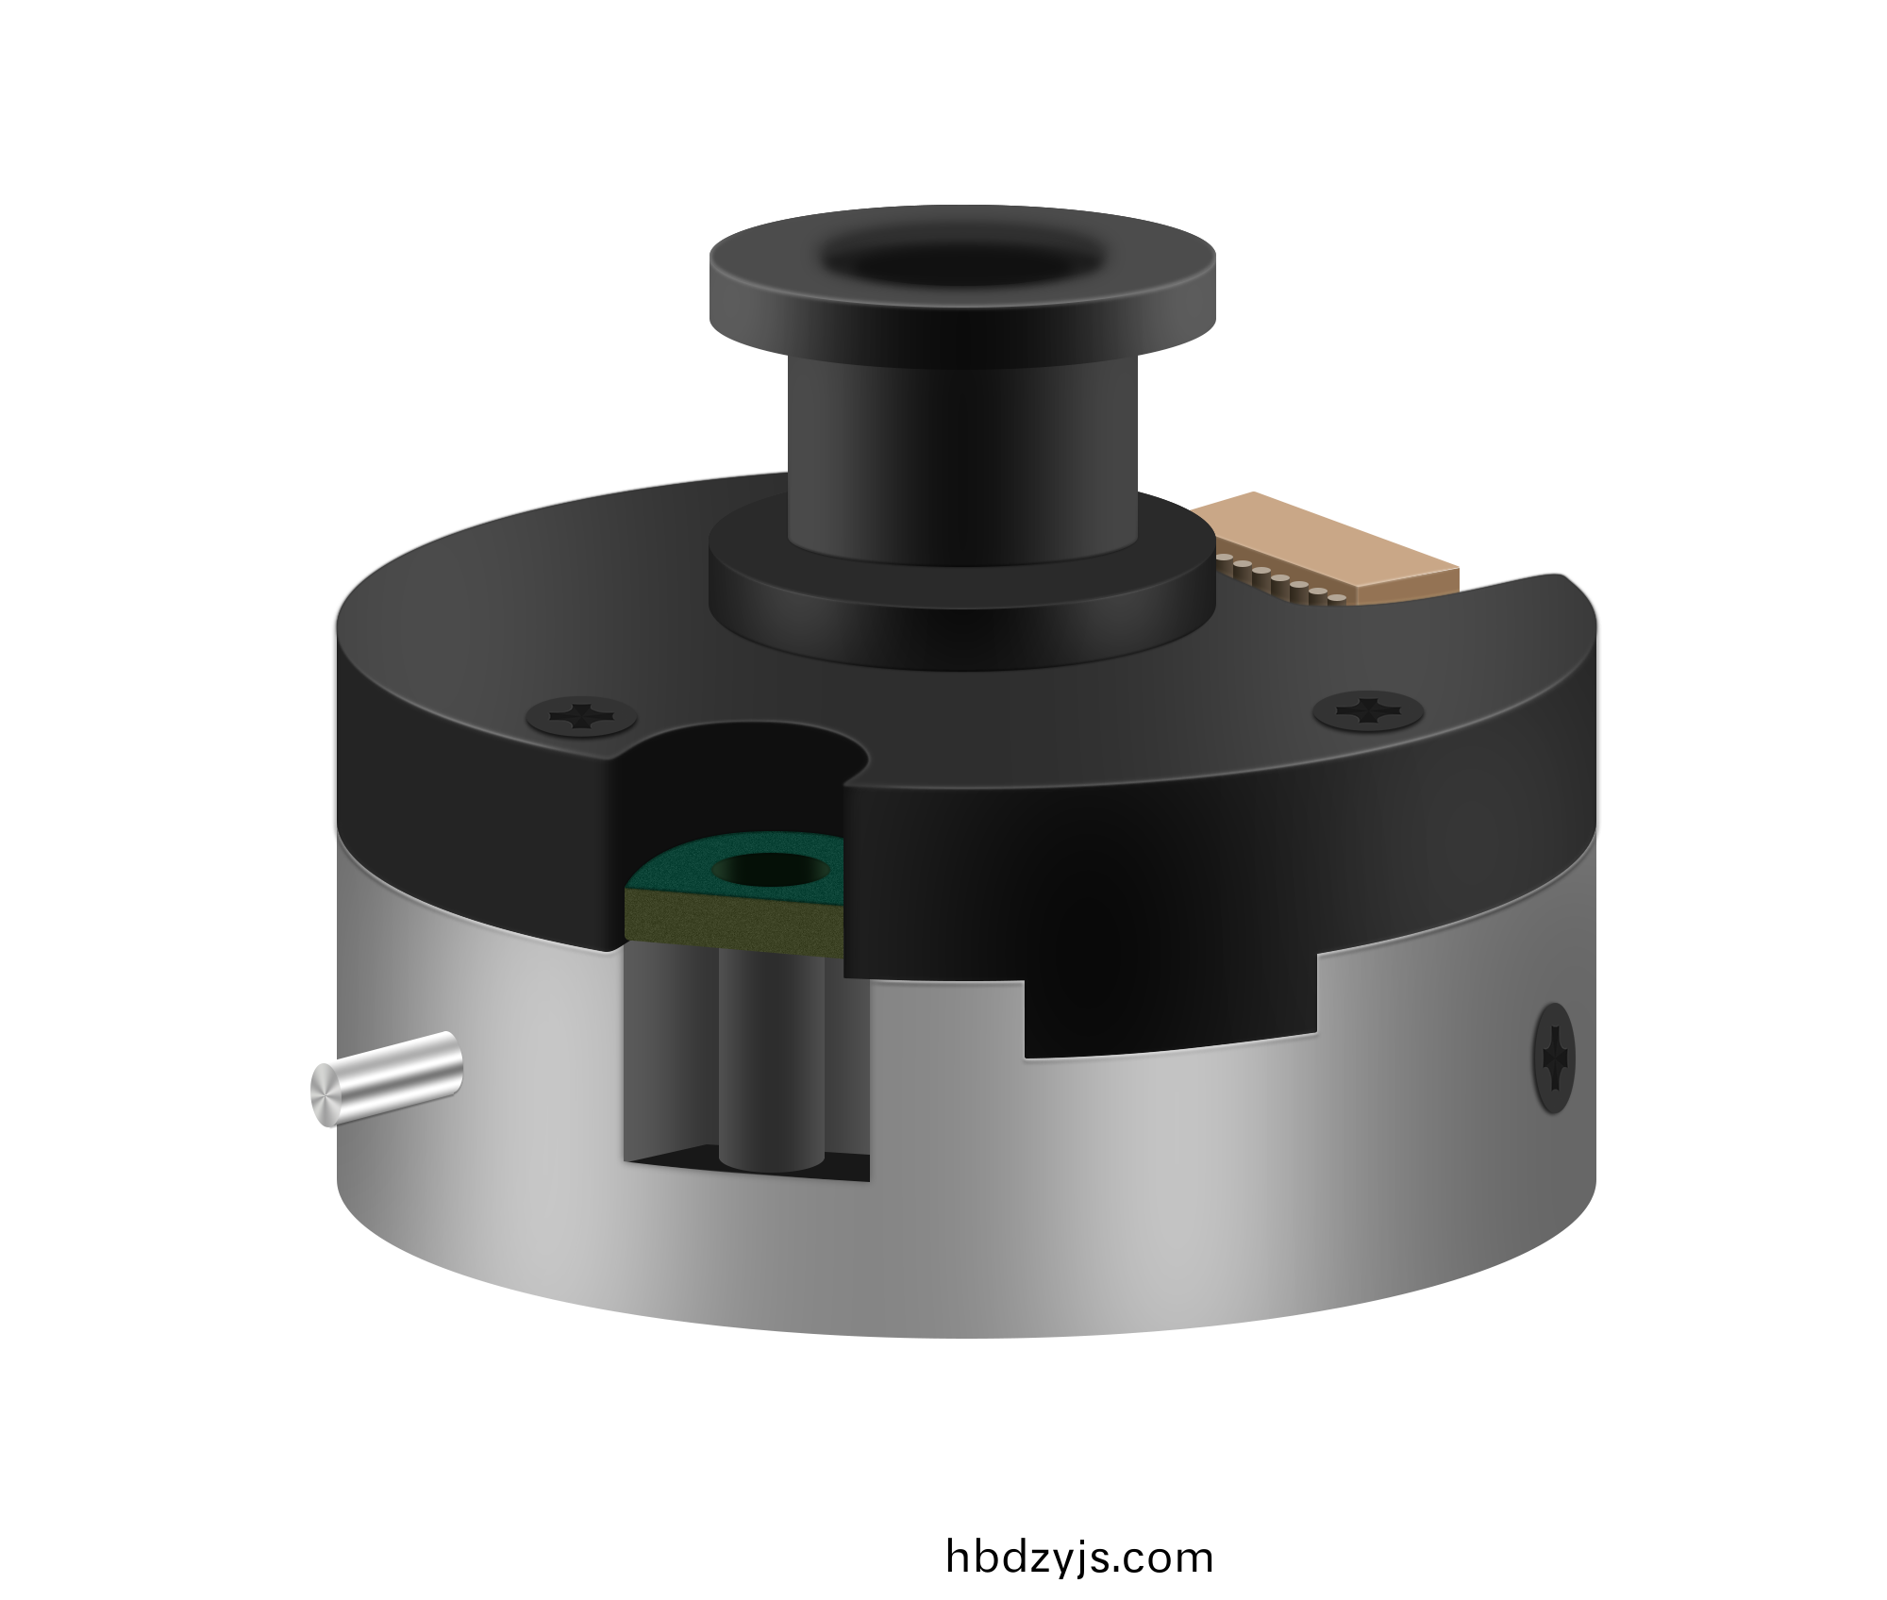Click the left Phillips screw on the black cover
(x=580, y=716)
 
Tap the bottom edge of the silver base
(x=962, y=1330)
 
